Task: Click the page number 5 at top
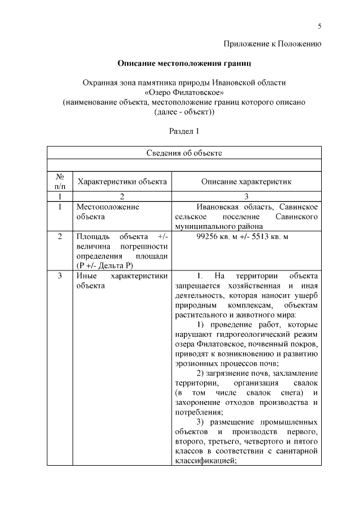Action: [x=319, y=26]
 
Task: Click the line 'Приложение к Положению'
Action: [x=272, y=43]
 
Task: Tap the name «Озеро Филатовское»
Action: [x=184, y=92]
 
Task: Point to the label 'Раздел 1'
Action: [x=184, y=131]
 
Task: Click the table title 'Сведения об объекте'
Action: [x=184, y=152]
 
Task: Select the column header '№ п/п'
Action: [x=60, y=181]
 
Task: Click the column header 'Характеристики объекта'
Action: [x=122, y=182]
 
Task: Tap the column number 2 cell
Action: [x=122, y=196]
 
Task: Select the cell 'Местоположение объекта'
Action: [x=107, y=211]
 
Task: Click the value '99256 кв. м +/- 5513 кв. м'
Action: [x=242, y=237]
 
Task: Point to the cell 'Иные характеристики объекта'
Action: [x=121, y=281]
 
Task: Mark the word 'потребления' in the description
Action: [x=197, y=411]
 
